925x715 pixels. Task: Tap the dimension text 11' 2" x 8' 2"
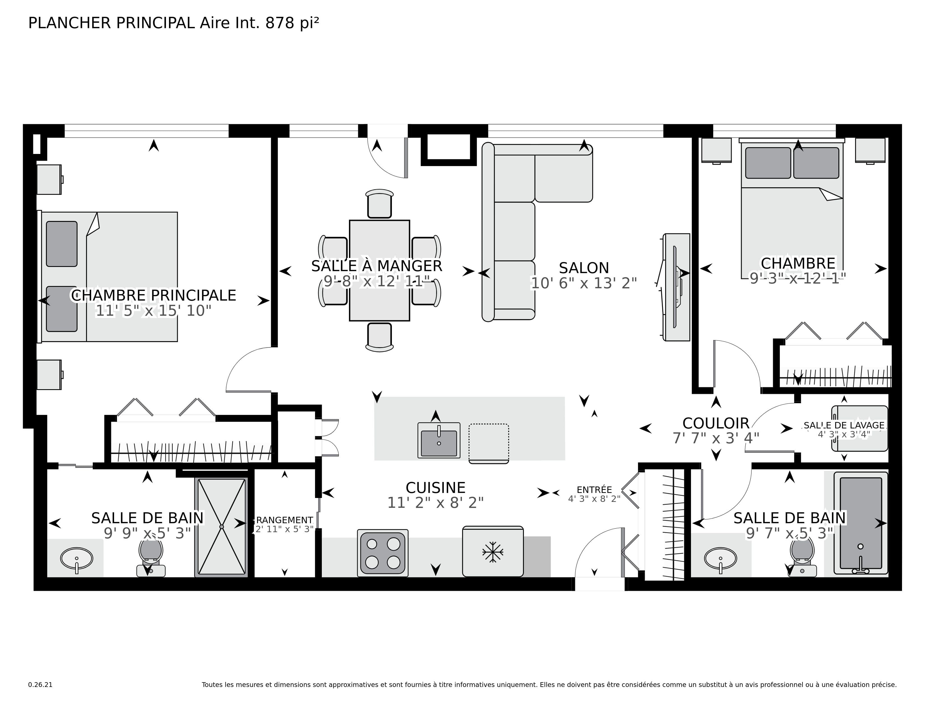tap(435, 503)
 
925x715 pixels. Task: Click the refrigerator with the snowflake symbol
tap(492, 552)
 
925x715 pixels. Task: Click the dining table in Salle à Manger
tap(379, 270)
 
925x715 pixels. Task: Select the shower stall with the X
tap(221, 527)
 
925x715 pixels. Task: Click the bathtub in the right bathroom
tap(861, 523)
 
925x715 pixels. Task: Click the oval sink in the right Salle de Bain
tap(720, 558)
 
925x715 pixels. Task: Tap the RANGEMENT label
tap(285, 520)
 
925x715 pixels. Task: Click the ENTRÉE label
tap(594, 490)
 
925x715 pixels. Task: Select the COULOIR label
tap(716, 423)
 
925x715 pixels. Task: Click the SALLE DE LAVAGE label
tap(844, 425)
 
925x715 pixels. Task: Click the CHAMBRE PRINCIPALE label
tap(153, 295)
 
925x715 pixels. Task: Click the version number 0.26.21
tap(40, 684)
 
